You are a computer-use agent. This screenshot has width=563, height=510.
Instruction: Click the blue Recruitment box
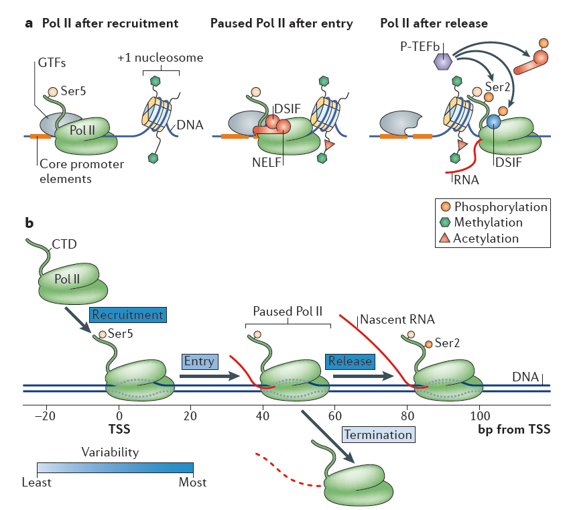coord(127,315)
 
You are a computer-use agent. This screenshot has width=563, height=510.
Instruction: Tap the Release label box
coord(350,361)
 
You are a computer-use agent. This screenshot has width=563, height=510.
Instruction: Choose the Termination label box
coord(378,434)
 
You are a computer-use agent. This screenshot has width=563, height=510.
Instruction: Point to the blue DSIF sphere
coord(494,121)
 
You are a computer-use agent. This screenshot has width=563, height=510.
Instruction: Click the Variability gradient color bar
coord(115,467)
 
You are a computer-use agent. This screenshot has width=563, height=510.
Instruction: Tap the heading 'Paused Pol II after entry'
coord(281,23)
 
